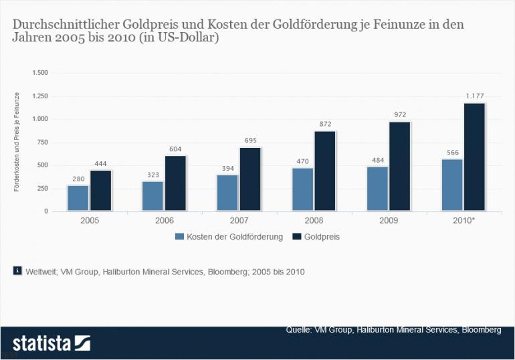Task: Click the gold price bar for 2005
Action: tap(101, 191)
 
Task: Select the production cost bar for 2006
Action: tap(152, 196)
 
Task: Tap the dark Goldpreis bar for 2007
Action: tap(250, 179)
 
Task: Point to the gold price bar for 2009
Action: tap(400, 167)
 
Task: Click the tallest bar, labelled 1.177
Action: tap(474, 157)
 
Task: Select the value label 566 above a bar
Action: tap(451, 153)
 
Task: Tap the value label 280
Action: tap(78, 179)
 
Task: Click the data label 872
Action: tap(325, 124)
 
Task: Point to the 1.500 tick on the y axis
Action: tap(40, 72)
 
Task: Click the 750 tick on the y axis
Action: tap(42, 142)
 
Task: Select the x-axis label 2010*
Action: tap(463, 220)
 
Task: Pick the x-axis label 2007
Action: tap(239, 220)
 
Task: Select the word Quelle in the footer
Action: tap(299, 330)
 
